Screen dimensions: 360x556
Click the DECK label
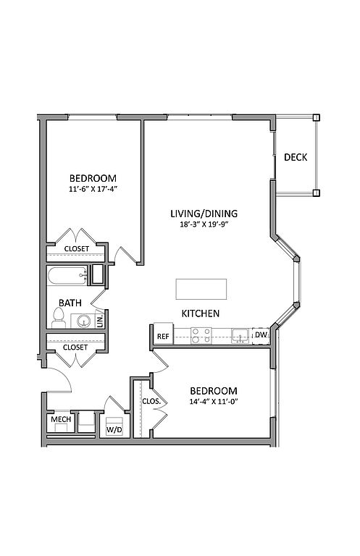(296, 157)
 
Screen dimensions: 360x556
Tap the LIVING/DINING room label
(204, 214)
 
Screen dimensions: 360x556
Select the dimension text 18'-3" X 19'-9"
(204, 224)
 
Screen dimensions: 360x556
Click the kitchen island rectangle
(201, 289)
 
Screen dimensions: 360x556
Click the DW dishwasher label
(261, 334)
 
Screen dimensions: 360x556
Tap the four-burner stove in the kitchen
(201, 335)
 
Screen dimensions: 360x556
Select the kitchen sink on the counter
(240, 336)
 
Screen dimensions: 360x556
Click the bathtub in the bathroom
(68, 276)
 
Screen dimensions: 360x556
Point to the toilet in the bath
(59, 318)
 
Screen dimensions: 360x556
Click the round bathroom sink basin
(84, 321)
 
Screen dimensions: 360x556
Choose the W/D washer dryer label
(114, 430)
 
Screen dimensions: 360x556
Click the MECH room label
(61, 419)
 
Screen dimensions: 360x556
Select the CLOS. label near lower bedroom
(151, 401)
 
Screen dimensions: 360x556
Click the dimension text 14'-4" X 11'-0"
(214, 401)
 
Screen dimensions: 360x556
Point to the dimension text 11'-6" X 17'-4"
(93, 189)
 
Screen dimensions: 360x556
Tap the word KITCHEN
(201, 313)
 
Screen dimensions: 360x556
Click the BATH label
(70, 303)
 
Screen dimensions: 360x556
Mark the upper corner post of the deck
(316, 118)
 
